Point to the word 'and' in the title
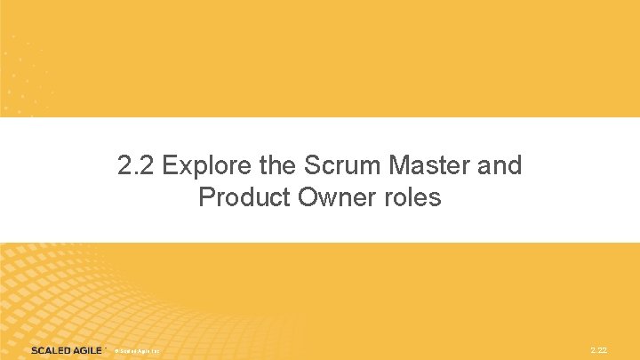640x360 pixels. coord(500,166)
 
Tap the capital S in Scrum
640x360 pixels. coord(311,166)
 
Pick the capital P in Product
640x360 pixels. coord(207,197)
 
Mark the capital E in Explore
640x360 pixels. coord(172,166)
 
